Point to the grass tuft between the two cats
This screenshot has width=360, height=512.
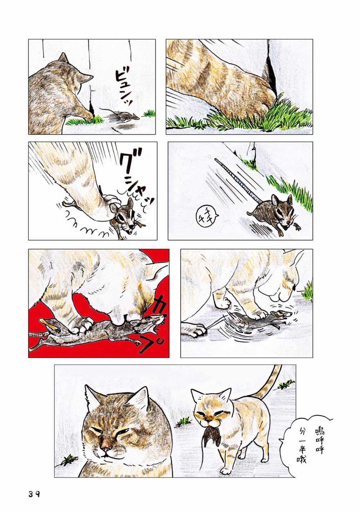tap(183, 422)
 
